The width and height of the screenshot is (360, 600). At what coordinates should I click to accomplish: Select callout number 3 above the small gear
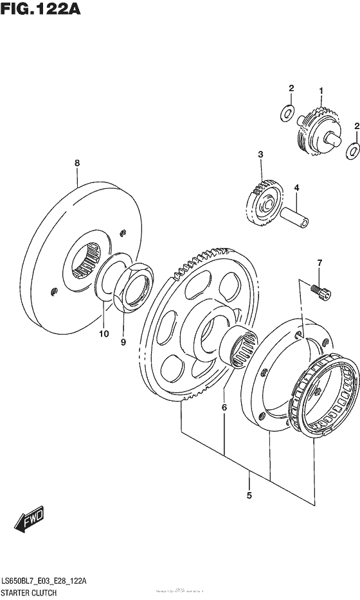260,154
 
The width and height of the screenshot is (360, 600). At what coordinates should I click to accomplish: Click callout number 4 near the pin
296,188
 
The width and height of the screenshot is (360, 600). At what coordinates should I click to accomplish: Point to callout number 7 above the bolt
318,262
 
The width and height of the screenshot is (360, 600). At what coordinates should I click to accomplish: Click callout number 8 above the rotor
77,164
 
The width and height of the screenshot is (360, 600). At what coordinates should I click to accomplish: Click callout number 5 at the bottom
249,495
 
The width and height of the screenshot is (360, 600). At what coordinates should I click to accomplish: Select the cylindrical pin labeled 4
294,216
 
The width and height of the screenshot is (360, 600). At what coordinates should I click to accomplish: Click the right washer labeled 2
352,151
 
